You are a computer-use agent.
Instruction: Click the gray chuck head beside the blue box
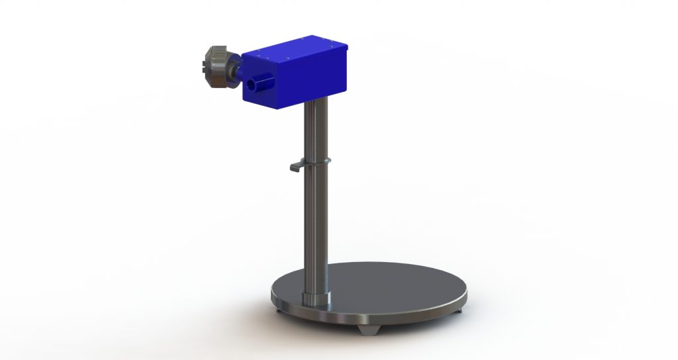coord(218,66)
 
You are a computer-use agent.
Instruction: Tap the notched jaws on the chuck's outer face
coord(206,66)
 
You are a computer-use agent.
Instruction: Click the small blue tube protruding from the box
coord(260,84)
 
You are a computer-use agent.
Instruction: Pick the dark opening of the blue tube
coord(252,85)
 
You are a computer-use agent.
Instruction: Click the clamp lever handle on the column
coord(297,167)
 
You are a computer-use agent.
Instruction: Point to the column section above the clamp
coord(316,132)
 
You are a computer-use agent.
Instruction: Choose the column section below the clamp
coord(316,225)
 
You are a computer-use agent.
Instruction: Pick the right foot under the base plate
coord(460,307)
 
